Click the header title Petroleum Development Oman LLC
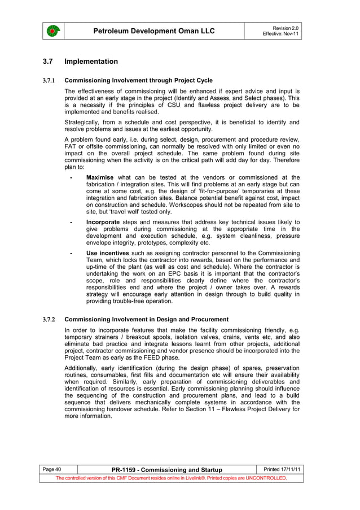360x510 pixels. pyautogui.click(x=155, y=31)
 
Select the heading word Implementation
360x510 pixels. pyautogui.click(x=91, y=62)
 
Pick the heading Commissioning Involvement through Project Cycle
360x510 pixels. pyautogui.click(x=139, y=80)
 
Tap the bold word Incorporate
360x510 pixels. pyautogui.click(x=104, y=223)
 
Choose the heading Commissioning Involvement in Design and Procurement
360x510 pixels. pyautogui.click(x=147, y=320)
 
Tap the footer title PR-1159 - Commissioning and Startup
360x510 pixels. pyautogui.click(x=167, y=470)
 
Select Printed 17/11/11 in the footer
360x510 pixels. pyautogui.click(x=283, y=469)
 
